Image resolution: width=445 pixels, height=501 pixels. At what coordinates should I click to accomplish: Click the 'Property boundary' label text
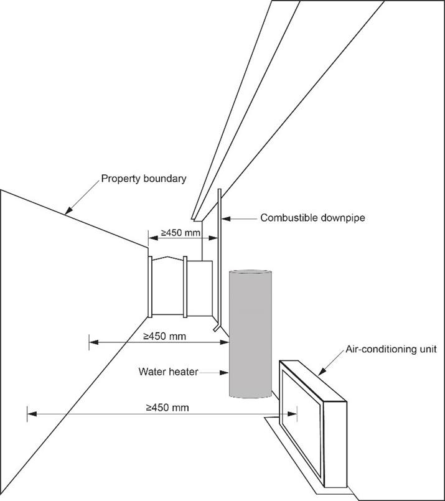pyautogui.click(x=144, y=179)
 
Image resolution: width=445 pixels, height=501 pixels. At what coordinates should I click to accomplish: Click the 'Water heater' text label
pyautogui.click(x=169, y=372)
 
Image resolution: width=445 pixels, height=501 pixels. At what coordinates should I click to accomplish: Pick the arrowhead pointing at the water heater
pyautogui.click(x=227, y=372)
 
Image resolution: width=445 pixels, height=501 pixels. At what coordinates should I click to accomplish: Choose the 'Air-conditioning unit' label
pyautogui.click(x=391, y=349)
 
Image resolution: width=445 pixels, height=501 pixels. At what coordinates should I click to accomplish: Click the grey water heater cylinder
pyautogui.click(x=250, y=336)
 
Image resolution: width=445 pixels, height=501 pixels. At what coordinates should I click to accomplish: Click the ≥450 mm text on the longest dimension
pyautogui.click(x=167, y=408)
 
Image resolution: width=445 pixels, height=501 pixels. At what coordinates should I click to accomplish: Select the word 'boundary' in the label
pyautogui.click(x=164, y=179)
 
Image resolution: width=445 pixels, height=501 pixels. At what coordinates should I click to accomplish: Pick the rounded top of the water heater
pyautogui.click(x=250, y=274)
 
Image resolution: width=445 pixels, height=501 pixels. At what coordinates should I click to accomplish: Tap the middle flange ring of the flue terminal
pyautogui.click(x=185, y=286)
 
